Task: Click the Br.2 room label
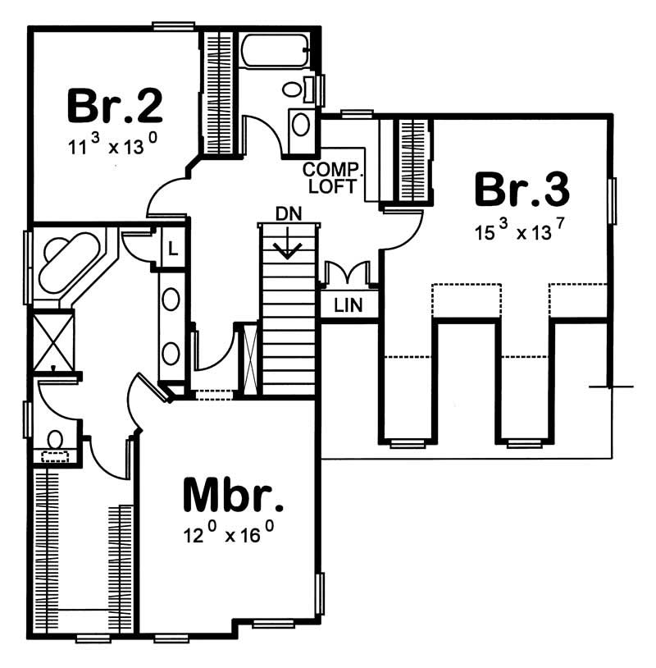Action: [115, 104]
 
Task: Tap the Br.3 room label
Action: [522, 190]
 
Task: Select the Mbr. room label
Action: [234, 495]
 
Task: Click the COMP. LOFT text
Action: [332, 178]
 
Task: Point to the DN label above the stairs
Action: [287, 214]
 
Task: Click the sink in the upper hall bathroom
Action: [301, 125]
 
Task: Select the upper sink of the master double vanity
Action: [171, 299]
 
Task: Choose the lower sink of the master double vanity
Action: [171, 354]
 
